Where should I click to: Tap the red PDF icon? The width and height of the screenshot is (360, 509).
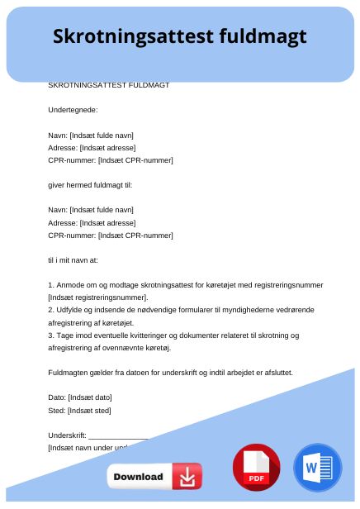[256, 468]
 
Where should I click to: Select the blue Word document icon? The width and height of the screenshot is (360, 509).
[316, 468]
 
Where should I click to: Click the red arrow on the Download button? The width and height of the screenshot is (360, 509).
[187, 477]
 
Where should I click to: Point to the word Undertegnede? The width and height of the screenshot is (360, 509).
[73, 110]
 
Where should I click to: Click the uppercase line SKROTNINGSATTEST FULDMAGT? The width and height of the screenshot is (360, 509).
[109, 85]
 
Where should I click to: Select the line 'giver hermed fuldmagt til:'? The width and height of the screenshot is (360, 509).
[90, 185]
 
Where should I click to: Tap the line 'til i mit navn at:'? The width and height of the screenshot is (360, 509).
[73, 259]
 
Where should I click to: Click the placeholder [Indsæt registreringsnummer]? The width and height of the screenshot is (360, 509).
[97, 297]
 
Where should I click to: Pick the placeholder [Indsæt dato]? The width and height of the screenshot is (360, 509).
[89, 397]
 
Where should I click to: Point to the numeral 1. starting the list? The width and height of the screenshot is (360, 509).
[51, 285]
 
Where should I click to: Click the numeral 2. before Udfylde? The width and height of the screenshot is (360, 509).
[51, 310]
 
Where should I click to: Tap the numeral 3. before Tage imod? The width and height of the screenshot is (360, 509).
[51, 335]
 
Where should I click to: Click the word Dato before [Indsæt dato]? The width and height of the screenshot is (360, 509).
[56, 397]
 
